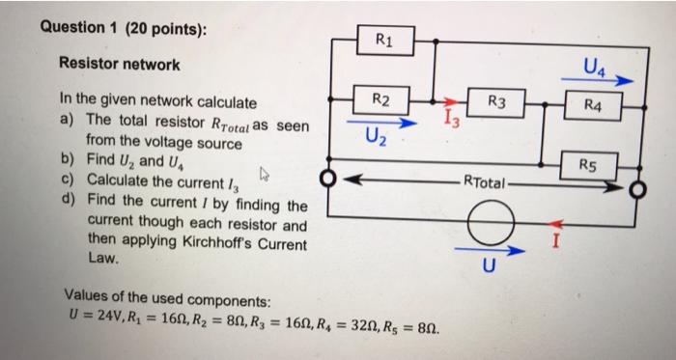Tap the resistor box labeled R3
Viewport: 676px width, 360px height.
[496, 100]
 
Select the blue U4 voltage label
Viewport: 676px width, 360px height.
[595, 68]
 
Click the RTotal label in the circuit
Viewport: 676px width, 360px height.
[488, 180]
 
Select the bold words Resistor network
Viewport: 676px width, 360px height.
[119, 65]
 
